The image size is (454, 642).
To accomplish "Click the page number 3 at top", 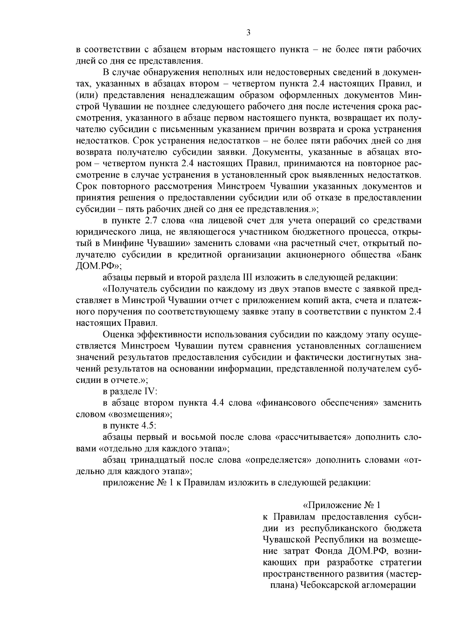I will tap(248, 33).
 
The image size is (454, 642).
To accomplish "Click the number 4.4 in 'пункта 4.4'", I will tap(219, 403).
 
